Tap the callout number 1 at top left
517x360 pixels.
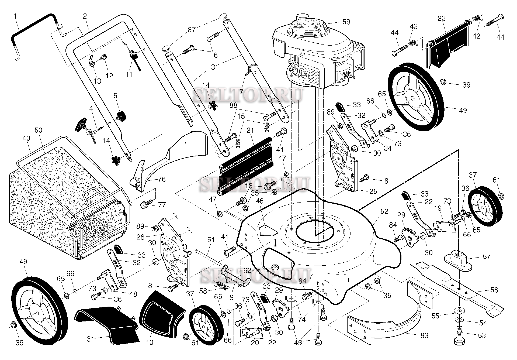(15, 16)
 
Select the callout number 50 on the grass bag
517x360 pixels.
(38, 130)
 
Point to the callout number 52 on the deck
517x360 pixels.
(384, 211)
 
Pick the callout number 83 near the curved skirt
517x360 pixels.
(424, 335)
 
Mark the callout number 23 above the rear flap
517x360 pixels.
(442, 18)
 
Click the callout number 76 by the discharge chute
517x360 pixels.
(162, 179)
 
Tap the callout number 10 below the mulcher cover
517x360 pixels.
(150, 342)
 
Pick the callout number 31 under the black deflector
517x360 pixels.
(90, 339)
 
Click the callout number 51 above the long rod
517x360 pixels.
(211, 239)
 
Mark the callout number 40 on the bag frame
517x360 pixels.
(26, 138)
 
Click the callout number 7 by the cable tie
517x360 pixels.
(241, 91)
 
